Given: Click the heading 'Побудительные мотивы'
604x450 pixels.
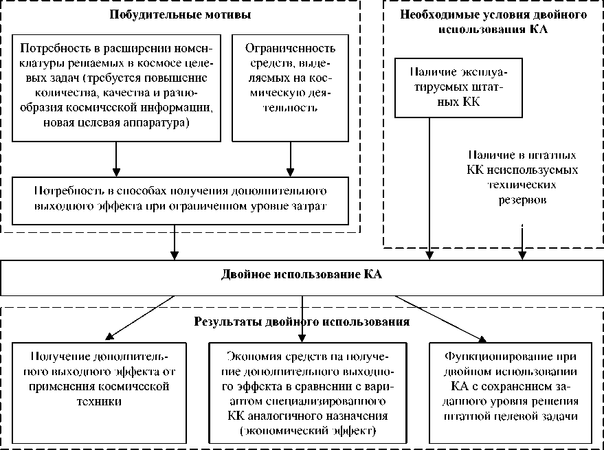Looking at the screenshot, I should pos(181,14).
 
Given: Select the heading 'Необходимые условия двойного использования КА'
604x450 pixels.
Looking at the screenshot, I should pos(493,21).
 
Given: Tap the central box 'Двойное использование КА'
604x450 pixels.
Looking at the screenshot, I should pos(302,275).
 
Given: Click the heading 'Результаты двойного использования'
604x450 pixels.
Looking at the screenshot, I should pos(302,321).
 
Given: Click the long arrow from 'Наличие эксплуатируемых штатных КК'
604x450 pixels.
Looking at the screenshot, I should pos(429,192).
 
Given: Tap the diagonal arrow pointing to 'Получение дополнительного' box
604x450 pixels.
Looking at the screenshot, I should pos(138,317).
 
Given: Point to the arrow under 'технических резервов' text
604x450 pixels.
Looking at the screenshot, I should pos(524,244).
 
